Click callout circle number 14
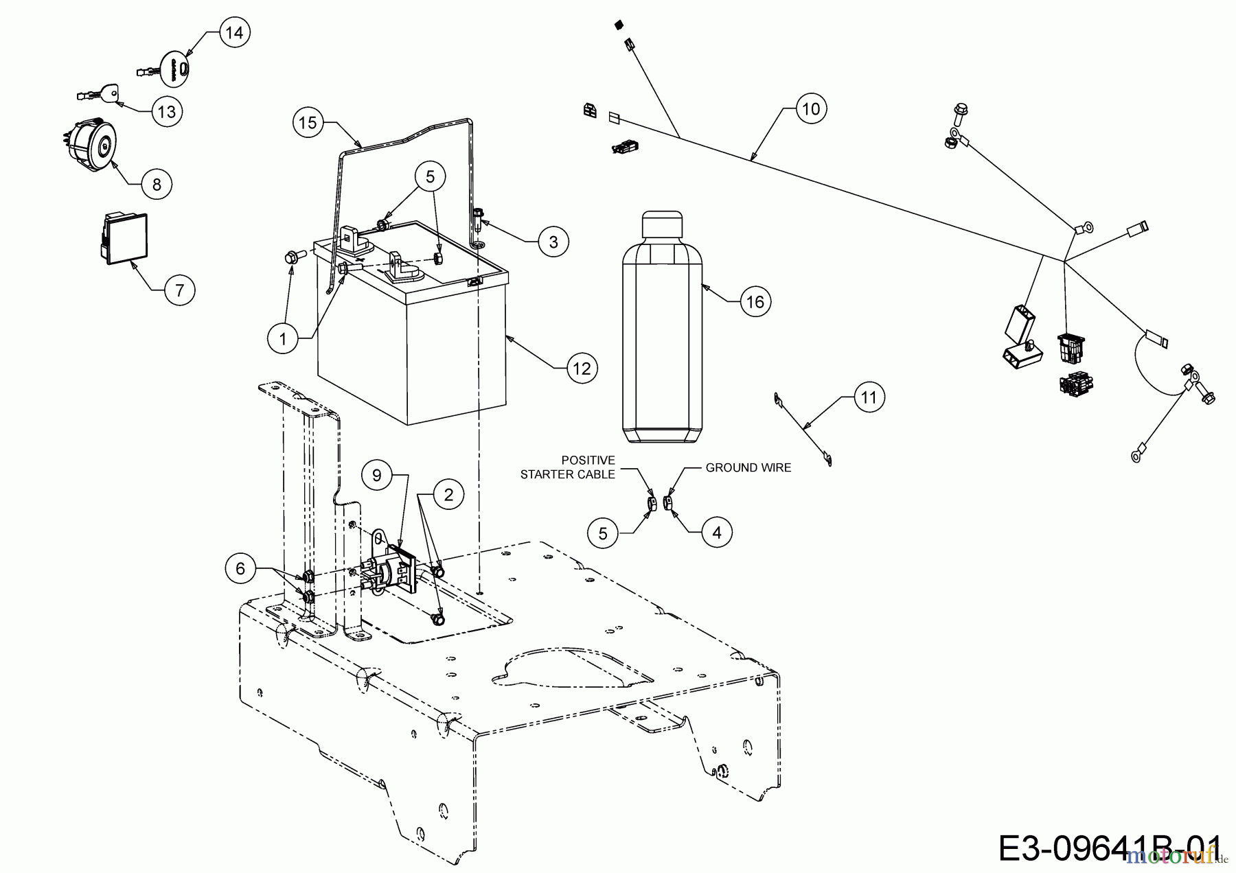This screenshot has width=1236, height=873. (x=235, y=33)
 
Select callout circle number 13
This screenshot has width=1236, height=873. (x=167, y=111)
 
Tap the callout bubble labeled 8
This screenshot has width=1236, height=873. (x=157, y=184)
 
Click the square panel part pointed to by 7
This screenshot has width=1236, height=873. (x=124, y=238)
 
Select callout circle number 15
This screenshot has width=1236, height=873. (x=308, y=123)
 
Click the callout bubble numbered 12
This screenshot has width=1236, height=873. (x=582, y=369)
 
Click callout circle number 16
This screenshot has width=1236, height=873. (x=755, y=301)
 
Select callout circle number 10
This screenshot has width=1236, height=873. (x=811, y=109)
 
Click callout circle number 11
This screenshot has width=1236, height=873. (x=869, y=397)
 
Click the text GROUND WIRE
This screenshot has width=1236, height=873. (x=748, y=468)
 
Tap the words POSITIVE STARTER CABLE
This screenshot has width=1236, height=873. (x=568, y=467)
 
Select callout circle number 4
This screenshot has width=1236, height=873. (x=716, y=532)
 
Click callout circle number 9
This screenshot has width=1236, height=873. (x=377, y=475)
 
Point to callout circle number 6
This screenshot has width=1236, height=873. (x=240, y=568)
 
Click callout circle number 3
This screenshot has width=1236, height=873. (x=553, y=242)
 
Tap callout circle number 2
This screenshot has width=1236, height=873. (x=448, y=494)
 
